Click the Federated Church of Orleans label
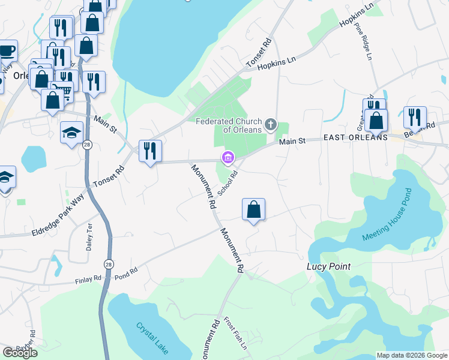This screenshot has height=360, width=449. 229,125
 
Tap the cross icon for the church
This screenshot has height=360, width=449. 271,125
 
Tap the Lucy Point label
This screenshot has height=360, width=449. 328,266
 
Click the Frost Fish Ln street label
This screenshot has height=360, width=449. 236,333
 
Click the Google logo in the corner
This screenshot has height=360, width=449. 20,353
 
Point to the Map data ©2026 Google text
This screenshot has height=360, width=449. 411,355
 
